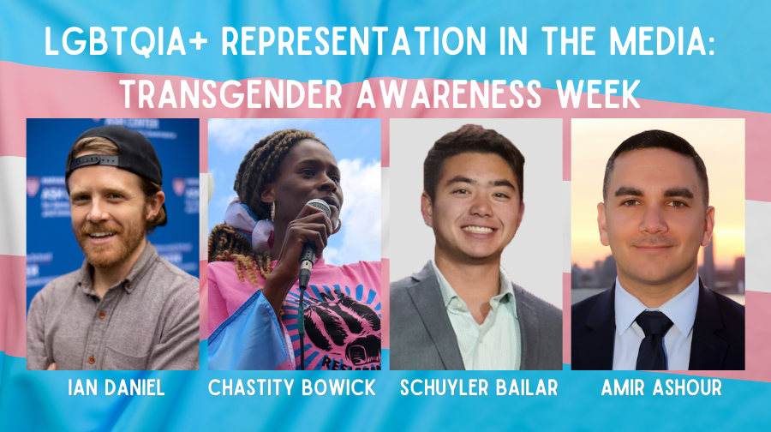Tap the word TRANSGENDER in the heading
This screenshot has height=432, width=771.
[231, 94]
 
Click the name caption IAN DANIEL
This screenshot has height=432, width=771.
[117, 387]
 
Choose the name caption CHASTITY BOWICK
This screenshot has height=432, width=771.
[292, 387]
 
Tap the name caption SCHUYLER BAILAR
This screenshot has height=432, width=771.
[479, 387]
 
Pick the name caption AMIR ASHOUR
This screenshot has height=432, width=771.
[661, 387]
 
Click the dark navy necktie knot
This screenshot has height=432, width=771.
[654, 322]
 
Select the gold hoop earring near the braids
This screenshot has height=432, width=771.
[273, 212]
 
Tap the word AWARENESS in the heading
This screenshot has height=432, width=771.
[449, 94]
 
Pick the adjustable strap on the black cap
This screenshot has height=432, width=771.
[93, 162]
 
